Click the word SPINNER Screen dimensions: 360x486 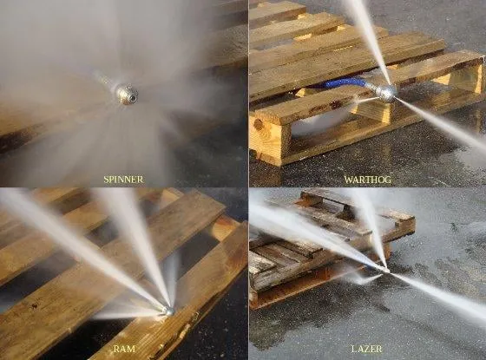(x=124, y=180)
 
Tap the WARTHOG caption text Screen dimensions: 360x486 (x=366, y=180)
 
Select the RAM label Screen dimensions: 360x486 (x=124, y=349)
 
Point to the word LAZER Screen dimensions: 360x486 (x=366, y=349)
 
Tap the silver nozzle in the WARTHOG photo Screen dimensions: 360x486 (x=385, y=93)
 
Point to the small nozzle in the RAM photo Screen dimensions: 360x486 (x=167, y=310)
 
